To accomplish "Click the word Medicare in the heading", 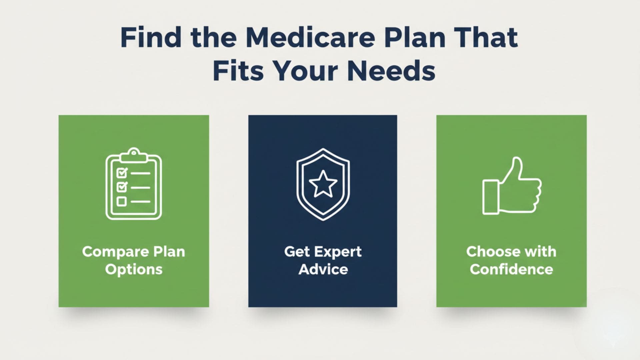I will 310,37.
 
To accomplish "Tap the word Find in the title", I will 151,37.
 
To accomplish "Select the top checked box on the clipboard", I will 122,173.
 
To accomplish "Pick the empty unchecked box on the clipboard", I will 122,201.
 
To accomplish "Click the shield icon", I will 323,184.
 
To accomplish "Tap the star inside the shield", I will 323,184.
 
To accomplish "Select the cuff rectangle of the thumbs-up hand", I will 490,197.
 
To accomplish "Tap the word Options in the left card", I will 134,270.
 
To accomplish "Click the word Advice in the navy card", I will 323,269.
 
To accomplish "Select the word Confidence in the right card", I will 511,269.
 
